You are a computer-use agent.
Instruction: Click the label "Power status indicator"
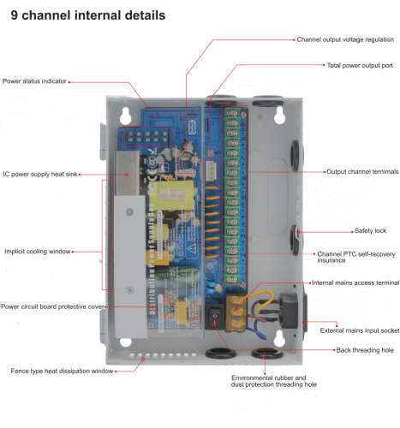coord(33,81)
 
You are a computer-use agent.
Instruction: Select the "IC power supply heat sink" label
coord(40,174)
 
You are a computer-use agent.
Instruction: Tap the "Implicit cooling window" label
coord(36,252)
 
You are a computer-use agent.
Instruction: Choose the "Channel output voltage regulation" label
coord(345,39)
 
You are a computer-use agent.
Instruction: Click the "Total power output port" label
coord(360,65)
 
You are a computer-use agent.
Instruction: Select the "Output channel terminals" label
coord(362,172)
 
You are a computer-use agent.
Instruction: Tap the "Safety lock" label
coord(370,231)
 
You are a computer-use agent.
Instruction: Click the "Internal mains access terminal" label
coord(355,282)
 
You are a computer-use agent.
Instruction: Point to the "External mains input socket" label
coord(359,330)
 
